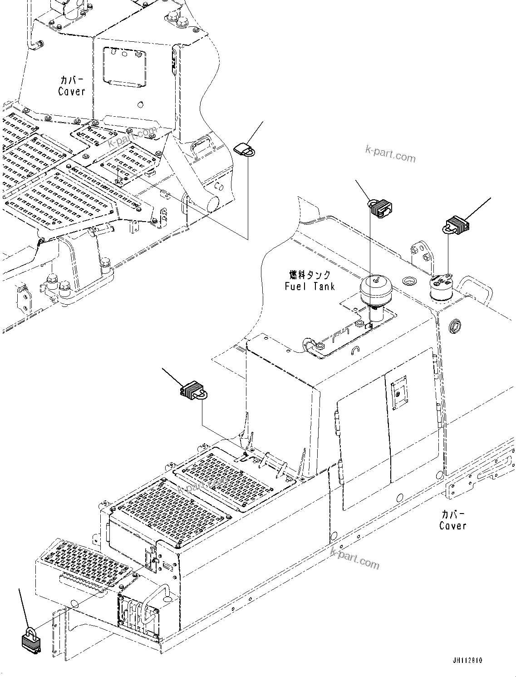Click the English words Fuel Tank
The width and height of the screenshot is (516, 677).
(310, 287)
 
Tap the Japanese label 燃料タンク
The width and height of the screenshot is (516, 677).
(310, 275)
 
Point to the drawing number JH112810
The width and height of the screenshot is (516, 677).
(467, 661)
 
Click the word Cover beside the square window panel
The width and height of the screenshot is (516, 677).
(71, 91)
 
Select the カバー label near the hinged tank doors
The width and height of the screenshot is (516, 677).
(453, 514)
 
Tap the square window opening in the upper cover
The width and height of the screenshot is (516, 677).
(124, 66)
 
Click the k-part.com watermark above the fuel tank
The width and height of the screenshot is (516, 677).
(390, 154)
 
